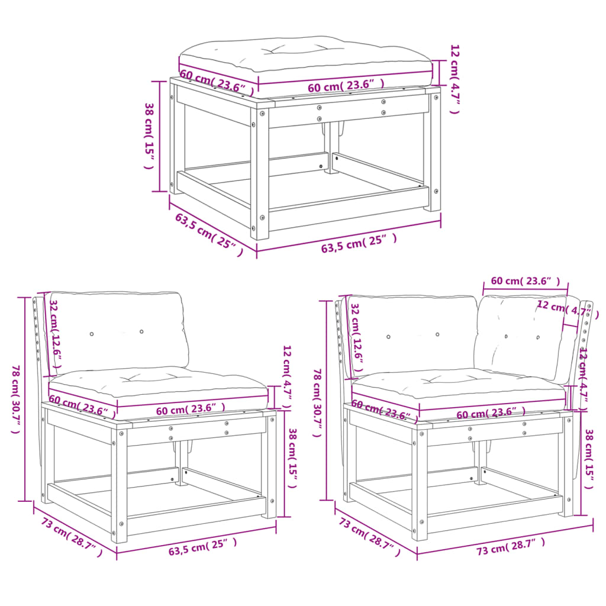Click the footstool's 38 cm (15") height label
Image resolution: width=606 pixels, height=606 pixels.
150,136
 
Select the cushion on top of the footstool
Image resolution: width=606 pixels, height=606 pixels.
305,56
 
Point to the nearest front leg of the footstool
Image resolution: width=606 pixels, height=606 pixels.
260,172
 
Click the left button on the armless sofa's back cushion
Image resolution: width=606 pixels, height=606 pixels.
92,334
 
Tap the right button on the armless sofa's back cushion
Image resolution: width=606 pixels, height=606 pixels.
141,331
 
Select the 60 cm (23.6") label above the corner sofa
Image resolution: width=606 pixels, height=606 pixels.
525,281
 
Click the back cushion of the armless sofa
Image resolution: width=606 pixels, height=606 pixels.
118,328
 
